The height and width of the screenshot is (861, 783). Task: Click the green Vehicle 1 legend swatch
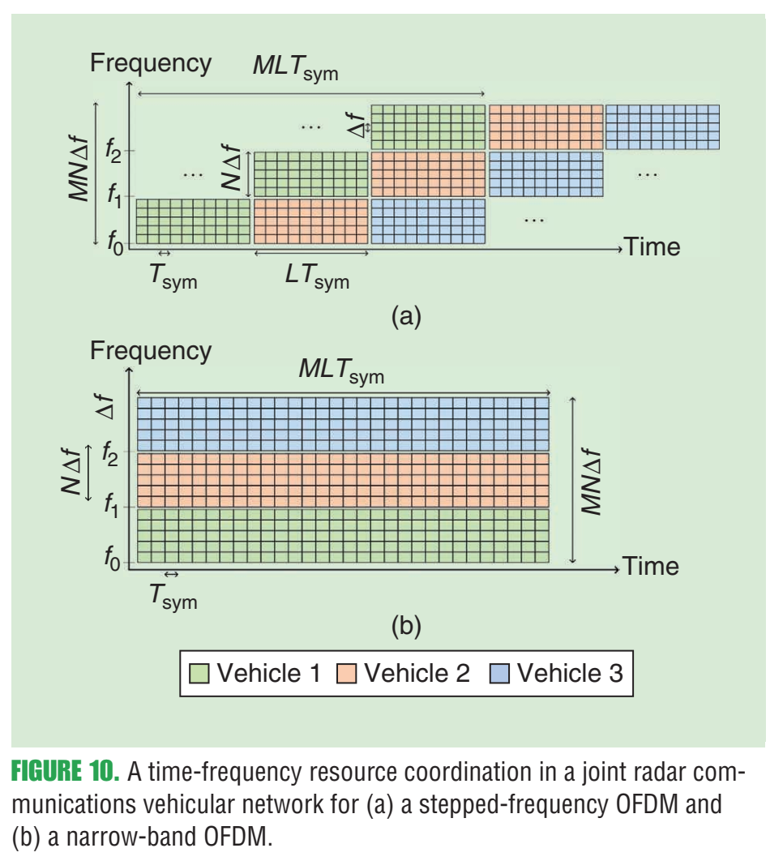click(x=199, y=673)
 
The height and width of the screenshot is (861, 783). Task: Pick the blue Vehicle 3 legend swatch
click(x=499, y=673)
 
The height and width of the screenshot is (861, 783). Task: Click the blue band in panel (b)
click(x=343, y=423)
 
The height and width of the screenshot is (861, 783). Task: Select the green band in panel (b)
click(x=343, y=535)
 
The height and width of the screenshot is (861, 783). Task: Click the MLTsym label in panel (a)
click(x=294, y=68)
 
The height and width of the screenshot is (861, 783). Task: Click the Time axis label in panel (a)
click(x=652, y=246)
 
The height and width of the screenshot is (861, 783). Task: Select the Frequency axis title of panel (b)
click(x=151, y=351)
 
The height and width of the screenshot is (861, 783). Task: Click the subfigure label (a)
click(x=406, y=315)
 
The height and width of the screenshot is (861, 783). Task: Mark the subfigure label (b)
click(x=406, y=625)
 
